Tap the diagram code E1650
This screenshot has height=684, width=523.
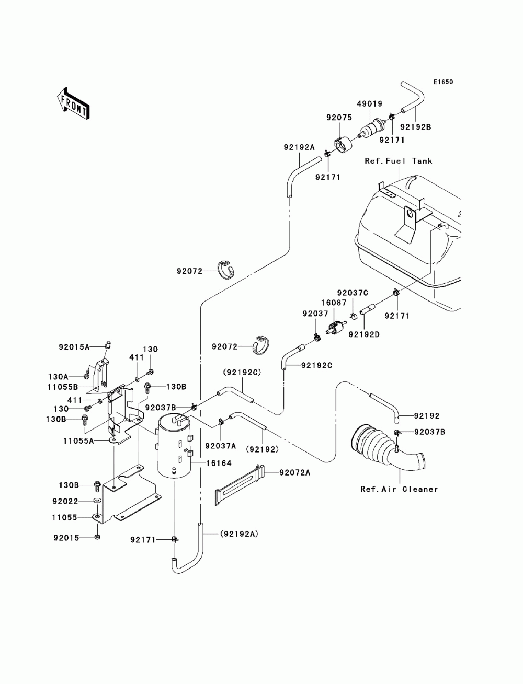[443, 82]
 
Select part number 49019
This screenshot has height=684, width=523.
[370, 104]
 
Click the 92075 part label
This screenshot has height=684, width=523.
[339, 118]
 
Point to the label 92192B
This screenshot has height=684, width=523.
[416, 127]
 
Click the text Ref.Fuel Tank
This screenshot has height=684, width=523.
[399, 161]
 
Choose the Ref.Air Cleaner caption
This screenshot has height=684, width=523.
[399, 489]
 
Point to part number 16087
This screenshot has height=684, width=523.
[334, 302]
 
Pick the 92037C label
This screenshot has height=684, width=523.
[353, 293]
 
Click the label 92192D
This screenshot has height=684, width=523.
[364, 334]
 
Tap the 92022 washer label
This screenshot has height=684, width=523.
[65, 501]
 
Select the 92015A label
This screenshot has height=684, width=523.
[74, 347]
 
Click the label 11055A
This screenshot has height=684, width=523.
[78, 441]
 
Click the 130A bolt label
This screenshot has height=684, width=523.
[58, 377]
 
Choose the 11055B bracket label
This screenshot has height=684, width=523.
[63, 387]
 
